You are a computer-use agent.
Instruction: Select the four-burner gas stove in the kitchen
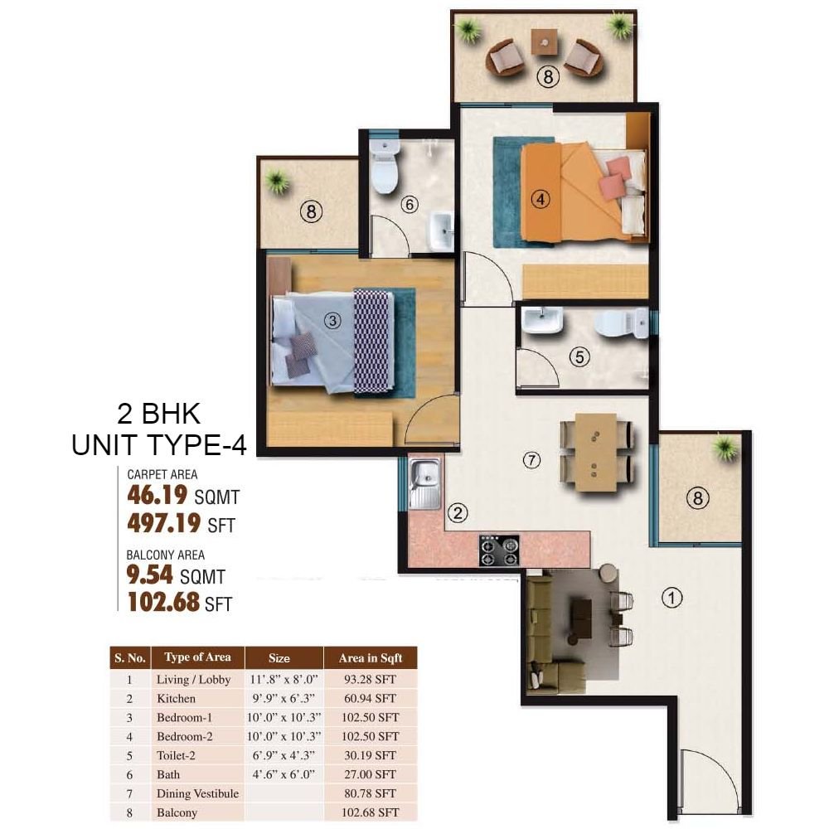click(498, 550)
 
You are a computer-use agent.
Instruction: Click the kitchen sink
click(426, 476)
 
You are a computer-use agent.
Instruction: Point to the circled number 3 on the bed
click(333, 323)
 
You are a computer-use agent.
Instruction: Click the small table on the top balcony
click(545, 40)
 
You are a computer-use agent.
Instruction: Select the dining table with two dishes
click(596, 452)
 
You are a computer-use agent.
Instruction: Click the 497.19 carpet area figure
click(163, 524)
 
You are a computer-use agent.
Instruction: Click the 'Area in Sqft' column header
click(371, 658)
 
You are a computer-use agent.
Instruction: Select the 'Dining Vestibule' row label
click(197, 793)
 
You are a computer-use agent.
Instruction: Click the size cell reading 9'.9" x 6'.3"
click(279, 699)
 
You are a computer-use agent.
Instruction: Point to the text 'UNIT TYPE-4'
click(158, 445)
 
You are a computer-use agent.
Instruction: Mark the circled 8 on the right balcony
click(697, 498)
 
